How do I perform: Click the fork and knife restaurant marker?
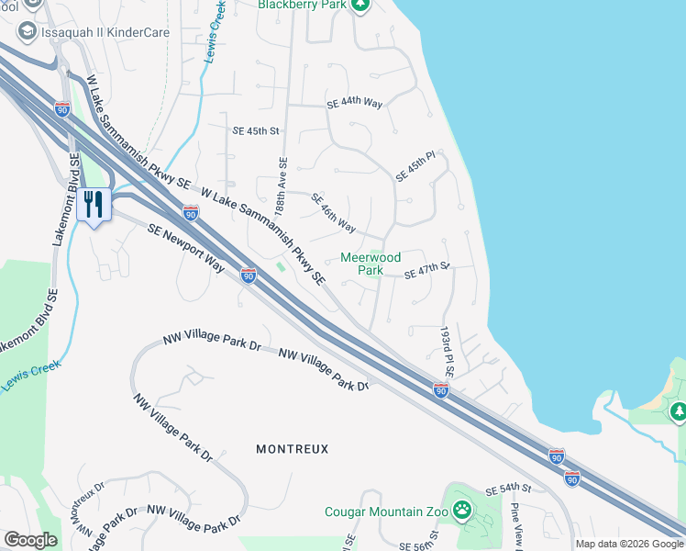coord(94,204)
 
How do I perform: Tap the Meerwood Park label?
coord(371,264)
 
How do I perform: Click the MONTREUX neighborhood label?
coord(292,449)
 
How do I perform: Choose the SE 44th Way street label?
coord(355,104)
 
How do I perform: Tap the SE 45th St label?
coord(255,131)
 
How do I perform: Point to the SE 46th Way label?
coord(333,212)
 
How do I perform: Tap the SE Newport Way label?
coord(186,248)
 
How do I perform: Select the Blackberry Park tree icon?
coord(360,5)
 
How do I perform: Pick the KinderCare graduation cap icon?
coord(27,31)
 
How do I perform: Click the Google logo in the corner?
coord(30,539)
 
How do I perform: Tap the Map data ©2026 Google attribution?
coord(629,544)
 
